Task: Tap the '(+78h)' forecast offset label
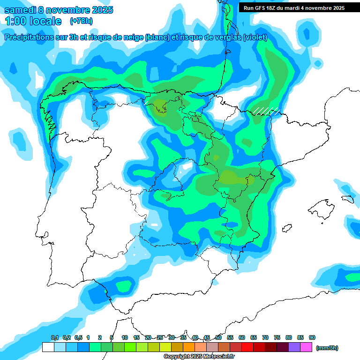click(x=81, y=21)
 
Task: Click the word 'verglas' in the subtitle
click(x=224, y=37)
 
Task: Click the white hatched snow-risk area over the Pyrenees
click(x=266, y=111)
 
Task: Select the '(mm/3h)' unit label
click(x=327, y=348)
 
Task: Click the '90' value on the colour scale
click(x=312, y=337)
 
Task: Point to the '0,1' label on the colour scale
click(x=54, y=337)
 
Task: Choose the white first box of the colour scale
click(x=48, y=347)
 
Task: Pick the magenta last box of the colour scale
click(x=307, y=347)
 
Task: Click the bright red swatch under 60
click(x=248, y=347)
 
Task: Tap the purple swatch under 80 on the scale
click(x=295, y=347)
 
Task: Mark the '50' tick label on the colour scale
click(x=218, y=337)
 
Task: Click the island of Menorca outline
click(x=347, y=199)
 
